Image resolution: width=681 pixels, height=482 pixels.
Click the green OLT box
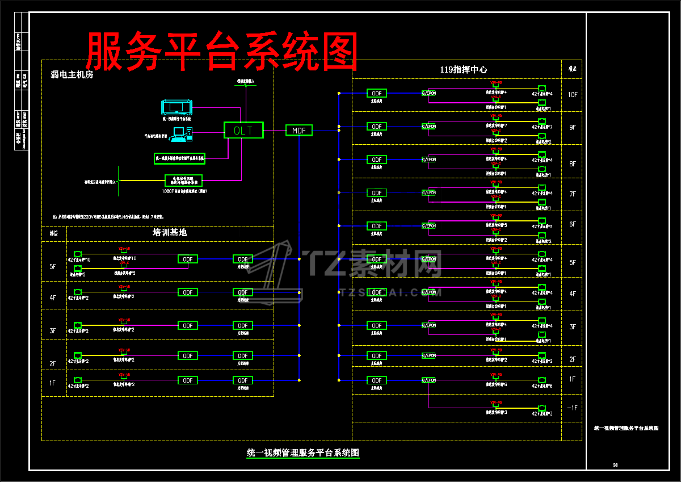click(x=243, y=130)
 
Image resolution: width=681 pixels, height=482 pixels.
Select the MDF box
click(x=299, y=131)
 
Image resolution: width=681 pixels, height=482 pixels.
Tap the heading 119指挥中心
click(x=463, y=69)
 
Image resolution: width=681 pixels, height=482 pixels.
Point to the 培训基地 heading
click(x=170, y=232)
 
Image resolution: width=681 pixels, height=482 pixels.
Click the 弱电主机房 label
click(x=72, y=74)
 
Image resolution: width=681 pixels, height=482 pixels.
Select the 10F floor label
click(x=572, y=94)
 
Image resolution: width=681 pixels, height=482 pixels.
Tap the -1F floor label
click(x=572, y=408)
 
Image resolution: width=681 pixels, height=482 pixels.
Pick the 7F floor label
click(x=572, y=194)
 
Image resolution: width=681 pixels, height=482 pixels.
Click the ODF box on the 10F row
click(x=376, y=93)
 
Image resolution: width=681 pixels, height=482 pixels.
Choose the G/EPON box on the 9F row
click(x=428, y=126)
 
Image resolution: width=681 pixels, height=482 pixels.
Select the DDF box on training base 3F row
click(x=243, y=325)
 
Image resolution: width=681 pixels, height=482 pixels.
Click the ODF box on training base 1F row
click(x=188, y=380)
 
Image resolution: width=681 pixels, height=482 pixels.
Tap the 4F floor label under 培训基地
click(x=53, y=297)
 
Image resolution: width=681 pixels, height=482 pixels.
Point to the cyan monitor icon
click(x=178, y=107)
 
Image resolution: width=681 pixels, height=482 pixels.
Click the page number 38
click(x=615, y=465)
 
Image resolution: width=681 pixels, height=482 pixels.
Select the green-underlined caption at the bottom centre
click(x=303, y=452)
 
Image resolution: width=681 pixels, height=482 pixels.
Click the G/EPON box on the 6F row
click(x=428, y=226)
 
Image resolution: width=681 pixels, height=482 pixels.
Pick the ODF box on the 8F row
click(x=376, y=160)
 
